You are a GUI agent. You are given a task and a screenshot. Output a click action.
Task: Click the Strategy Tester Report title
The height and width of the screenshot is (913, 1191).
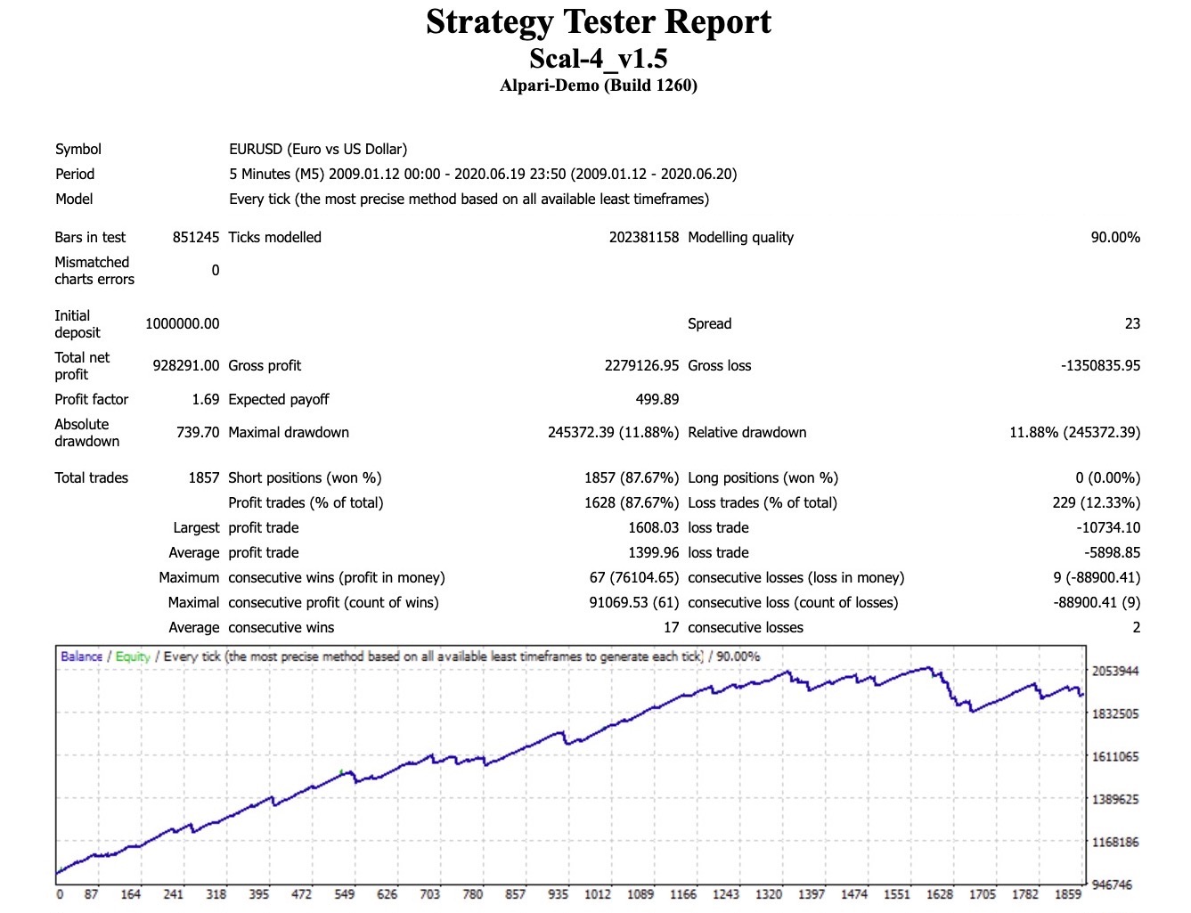pos(598,22)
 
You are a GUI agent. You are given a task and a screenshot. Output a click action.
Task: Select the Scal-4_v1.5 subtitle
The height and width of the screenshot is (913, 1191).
pos(598,59)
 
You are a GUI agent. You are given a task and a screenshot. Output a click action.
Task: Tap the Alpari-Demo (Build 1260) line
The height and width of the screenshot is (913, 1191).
pos(598,86)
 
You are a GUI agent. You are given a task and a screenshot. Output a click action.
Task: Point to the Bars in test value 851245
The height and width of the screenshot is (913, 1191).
pos(195,237)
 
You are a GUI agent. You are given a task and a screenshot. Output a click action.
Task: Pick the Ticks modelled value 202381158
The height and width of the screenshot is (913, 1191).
pos(643,237)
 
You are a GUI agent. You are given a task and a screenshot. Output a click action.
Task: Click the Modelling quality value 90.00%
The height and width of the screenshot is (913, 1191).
pos(1114,237)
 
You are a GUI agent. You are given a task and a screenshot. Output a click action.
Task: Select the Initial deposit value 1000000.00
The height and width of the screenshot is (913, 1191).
pos(182,323)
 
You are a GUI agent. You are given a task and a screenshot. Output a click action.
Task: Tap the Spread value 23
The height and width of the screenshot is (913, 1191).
pos(1131,323)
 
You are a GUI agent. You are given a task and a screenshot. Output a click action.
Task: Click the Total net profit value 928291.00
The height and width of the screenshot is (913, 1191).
pos(185,365)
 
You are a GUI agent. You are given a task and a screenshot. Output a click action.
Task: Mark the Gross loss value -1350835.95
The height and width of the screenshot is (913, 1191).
pos(1100,365)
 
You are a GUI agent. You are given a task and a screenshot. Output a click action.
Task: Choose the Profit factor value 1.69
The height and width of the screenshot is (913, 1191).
pos(205,399)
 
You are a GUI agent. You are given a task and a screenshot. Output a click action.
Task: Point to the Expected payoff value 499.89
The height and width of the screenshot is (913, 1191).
pos(657,399)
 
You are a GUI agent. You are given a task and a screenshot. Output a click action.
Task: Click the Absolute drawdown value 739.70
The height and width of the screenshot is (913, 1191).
pos(197,432)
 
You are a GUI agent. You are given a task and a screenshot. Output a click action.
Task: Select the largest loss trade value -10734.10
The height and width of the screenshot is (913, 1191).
pos(1107,527)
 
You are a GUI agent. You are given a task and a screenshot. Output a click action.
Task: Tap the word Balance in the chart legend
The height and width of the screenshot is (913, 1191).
pos(81,656)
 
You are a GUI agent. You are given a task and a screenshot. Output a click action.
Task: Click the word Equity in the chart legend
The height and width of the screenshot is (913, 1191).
pos(133,656)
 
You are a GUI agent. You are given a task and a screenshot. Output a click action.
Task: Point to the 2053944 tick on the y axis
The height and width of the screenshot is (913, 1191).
pos(1115,671)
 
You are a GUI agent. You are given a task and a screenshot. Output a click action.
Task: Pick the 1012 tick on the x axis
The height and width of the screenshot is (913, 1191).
pos(597,893)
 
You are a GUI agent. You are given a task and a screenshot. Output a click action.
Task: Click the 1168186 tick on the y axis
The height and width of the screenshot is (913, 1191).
pos(1115,842)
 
